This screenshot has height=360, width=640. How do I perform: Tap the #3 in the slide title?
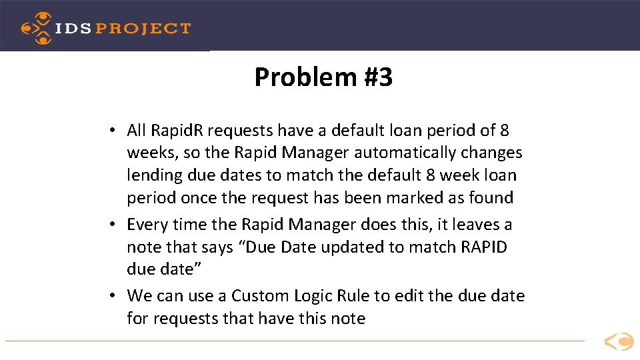pyautogui.click(x=378, y=78)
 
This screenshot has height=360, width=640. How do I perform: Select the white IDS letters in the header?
pyautogui.click(x=73, y=29)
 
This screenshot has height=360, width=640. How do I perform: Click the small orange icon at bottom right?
pyautogui.click(x=619, y=342)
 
